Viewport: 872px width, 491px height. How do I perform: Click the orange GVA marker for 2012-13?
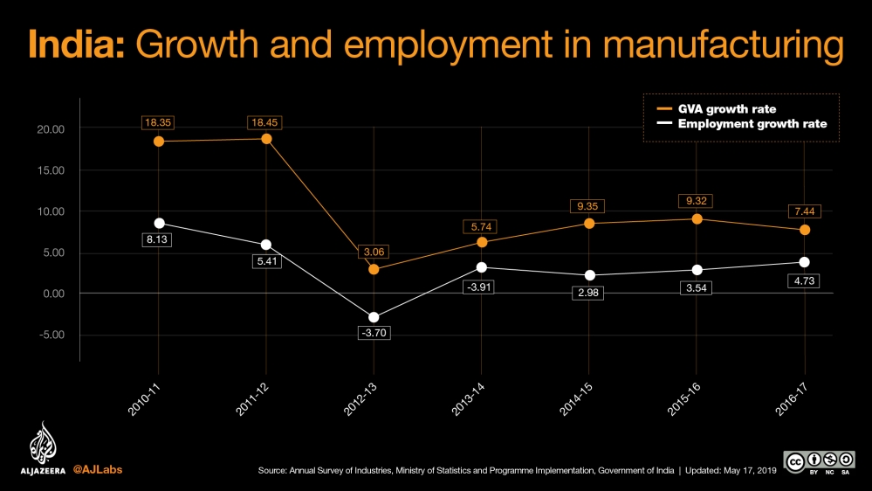pyautogui.click(x=374, y=269)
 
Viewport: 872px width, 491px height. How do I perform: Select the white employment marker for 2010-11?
pyautogui.click(x=158, y=224)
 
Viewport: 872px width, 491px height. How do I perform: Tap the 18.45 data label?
pyautogui.click(x=266, y=123)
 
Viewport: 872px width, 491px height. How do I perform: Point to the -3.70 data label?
pyautogui.click(x=374, y=333)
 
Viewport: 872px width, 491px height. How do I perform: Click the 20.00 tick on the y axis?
pyautogui.click(x=47, y=129)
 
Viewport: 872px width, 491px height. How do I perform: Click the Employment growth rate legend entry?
pyautogui.click(x=739, y=124)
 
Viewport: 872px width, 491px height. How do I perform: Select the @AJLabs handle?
pyautogui.click(x=97, y=469)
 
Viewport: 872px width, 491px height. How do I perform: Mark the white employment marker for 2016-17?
pyautogui.click(x=805, y=262)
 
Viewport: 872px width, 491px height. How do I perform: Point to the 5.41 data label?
pyautogui.click(x=266, y=260)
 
